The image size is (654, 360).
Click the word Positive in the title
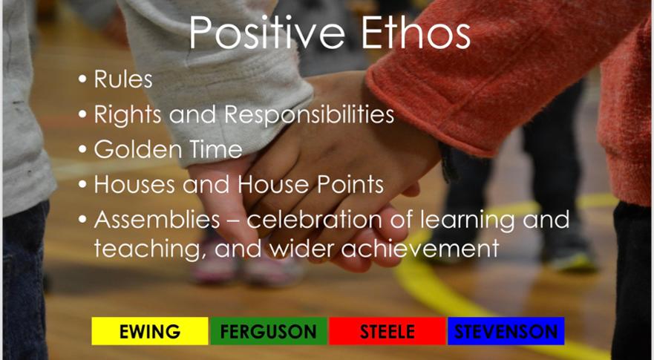(x=267, y=33)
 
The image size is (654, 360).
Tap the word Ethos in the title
(x=416, y=33)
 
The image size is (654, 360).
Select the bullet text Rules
(x=123, y=79)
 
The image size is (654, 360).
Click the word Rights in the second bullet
(x=128, y=115)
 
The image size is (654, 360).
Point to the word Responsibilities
(x=309, y=115)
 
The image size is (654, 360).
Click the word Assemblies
(x=157, y=220)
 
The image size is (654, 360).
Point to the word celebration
(x=316, y=220)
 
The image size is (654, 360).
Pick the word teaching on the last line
(x=151, y=249)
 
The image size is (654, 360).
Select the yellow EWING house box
(x=150, y=331)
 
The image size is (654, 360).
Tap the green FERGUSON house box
(x=269, y=331)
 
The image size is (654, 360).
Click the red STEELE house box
(x=388, y=331)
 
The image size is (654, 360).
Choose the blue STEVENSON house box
(x=506, y=331)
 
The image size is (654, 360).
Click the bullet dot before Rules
(x=82, y=79)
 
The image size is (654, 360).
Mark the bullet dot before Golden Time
(x=82, y=150)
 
